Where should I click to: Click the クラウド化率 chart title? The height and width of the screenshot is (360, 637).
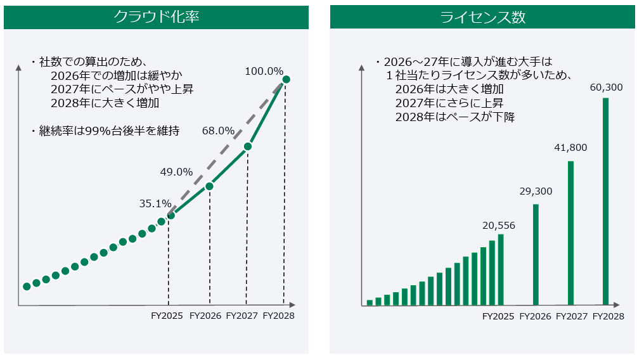point(156,18)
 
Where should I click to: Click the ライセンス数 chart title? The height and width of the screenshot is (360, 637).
point(483,18)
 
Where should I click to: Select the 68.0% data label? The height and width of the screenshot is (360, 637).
point(218,131)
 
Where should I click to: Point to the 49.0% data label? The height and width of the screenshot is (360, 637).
point(176,172)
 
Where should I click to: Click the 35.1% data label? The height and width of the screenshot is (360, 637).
point(155,203)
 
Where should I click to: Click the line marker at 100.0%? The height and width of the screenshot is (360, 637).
point(286,79)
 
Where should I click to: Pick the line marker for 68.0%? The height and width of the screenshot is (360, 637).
point(248,146)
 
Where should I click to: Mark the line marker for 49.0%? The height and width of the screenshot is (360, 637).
point(210,186)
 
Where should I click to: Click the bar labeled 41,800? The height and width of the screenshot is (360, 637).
point(570,233)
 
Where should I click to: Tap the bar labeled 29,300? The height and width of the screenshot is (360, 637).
point(536,255)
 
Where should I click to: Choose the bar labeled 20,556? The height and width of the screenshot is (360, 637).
point(501,270)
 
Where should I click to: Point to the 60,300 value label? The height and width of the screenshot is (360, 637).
point(606,87)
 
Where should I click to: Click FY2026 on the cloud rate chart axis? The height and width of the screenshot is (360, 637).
point(205,315)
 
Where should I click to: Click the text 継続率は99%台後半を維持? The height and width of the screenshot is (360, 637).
point(109,131)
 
